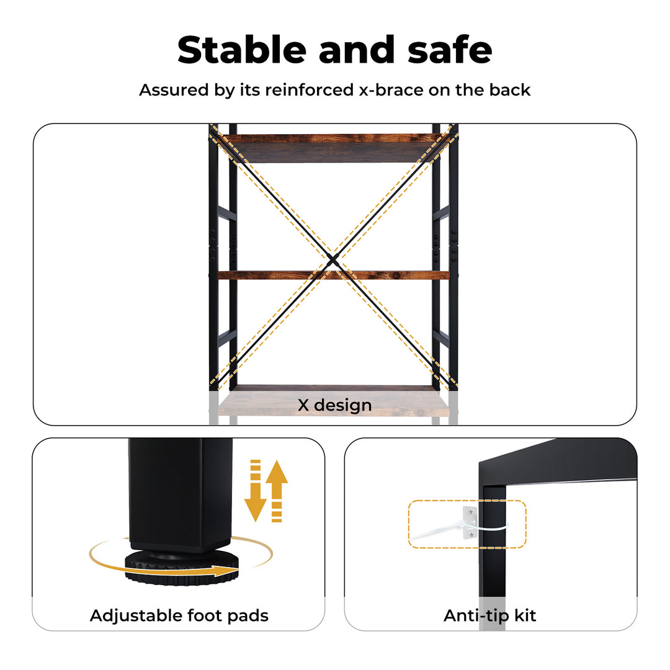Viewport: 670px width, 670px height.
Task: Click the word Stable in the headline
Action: click(242, 50)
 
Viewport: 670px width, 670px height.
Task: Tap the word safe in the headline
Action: click(450, 50)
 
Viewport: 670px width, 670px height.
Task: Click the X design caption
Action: click(334, 405)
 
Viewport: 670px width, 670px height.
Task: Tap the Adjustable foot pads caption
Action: click(179, 616)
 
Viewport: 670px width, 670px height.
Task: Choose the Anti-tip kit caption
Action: click(489, 616)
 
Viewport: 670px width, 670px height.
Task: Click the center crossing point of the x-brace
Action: click(333, 258)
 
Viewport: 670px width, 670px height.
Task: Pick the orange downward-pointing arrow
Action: click(256, 491)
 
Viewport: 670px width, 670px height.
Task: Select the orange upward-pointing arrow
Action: click(277, 491)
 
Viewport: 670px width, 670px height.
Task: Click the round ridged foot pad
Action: click(182, 569)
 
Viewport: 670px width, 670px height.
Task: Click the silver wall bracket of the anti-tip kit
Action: click(470, 524)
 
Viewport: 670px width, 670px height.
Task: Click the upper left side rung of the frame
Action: click(227, 213)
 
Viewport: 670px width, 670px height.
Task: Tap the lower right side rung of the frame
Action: click(440, 337)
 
